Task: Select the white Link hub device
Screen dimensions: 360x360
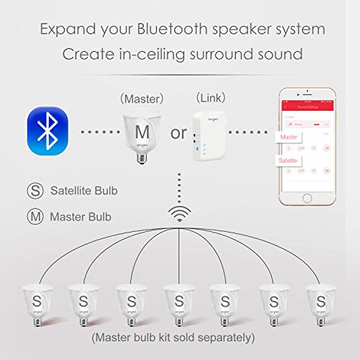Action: coord(208,136)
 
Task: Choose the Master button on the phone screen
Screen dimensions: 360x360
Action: coord(289,137)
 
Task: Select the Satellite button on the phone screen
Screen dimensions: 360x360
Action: coord(290,161)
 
